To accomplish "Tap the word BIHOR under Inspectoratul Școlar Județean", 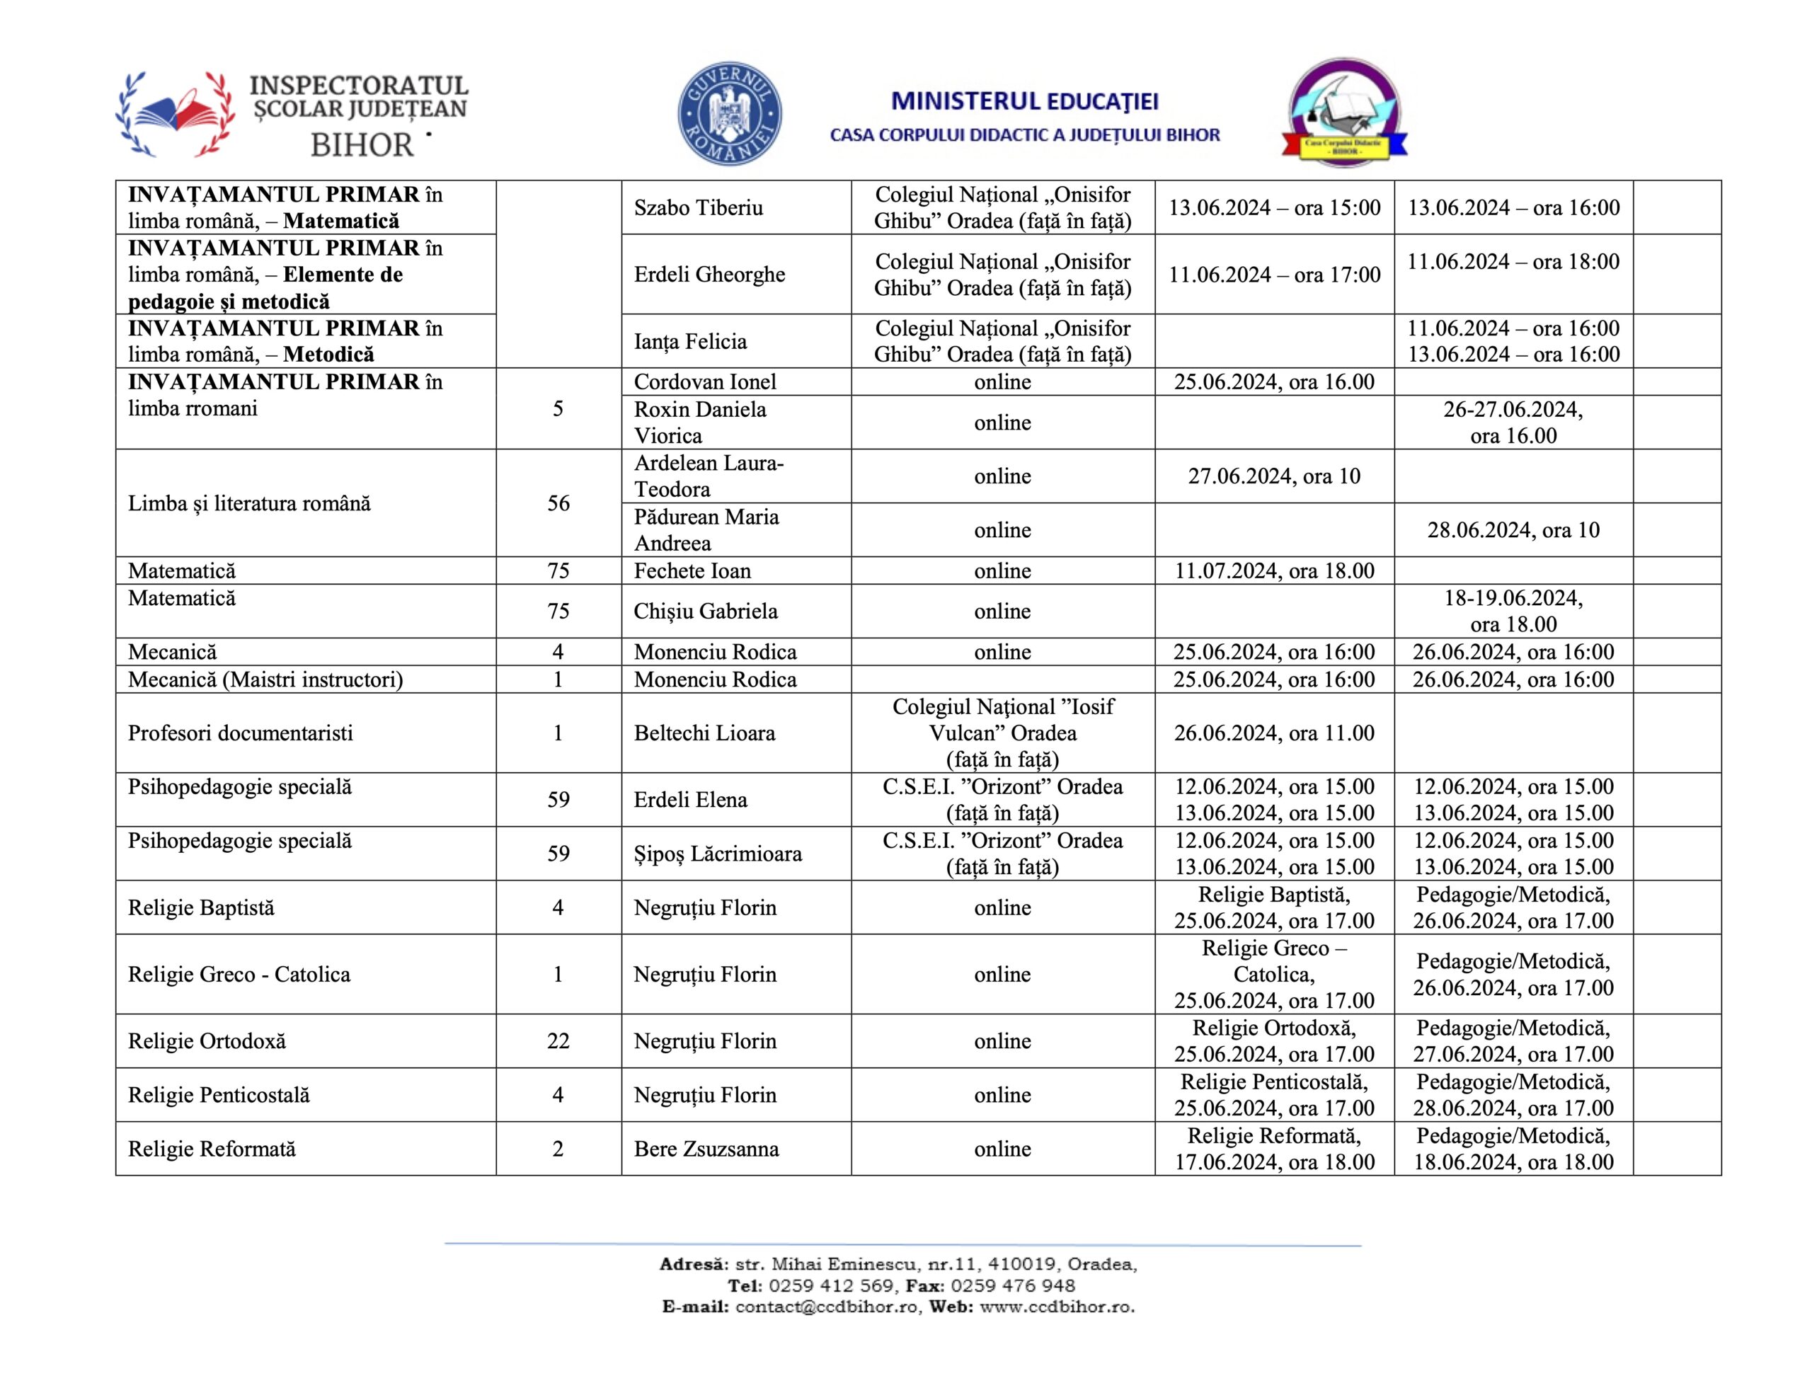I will coord(362,145).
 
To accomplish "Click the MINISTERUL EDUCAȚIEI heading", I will coord(1025,101).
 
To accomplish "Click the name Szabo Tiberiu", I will coord(698,207).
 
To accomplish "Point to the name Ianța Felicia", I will coord(690,341).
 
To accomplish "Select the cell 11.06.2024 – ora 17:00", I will coord(1274,275).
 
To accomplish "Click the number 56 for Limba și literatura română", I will coord(558,503).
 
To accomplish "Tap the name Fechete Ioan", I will coord(692,571).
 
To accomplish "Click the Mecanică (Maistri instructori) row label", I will coord(265,679).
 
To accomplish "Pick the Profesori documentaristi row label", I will coord(240,733).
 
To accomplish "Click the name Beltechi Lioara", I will coord(704,733).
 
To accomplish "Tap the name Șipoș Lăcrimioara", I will coord(718,853).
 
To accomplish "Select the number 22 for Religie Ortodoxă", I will coord(558,1040).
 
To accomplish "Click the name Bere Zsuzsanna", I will coord(706,1149).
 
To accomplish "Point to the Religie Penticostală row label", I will coord(218,1095).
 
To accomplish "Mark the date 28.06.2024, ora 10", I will coord(1513,529).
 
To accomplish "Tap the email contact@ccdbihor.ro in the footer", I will coord(826,1307).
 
